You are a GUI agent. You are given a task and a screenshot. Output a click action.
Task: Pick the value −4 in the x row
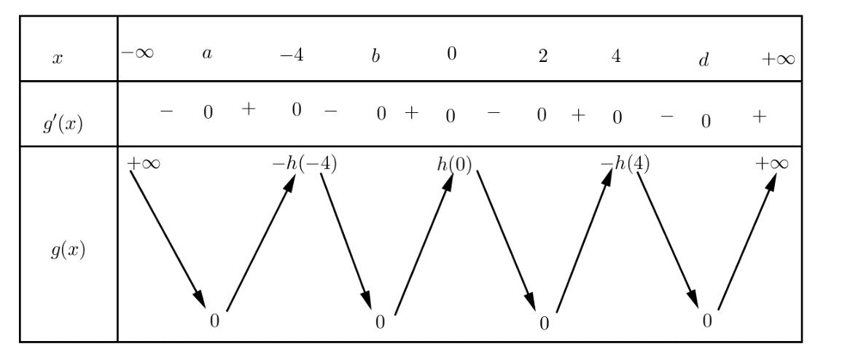coord(292,56)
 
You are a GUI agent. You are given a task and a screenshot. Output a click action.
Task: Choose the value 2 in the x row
coord(542,56)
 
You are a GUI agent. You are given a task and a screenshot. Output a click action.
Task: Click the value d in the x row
coord(703,60)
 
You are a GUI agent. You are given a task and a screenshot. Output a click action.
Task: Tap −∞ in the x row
coord(138,55)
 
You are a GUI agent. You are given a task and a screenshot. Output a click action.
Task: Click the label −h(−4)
coord(304,164)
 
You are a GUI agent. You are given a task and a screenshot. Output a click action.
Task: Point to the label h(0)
coord(454,164)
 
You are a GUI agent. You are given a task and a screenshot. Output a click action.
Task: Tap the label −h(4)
coord(625,164)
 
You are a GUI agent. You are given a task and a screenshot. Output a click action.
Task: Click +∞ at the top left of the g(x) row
coord(144,163)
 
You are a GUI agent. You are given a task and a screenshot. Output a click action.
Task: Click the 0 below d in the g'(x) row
coord(705,122)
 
